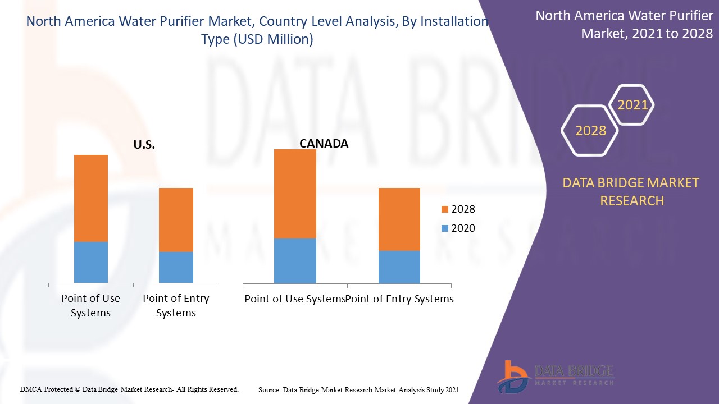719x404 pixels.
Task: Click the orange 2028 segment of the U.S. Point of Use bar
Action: tap(91, 198)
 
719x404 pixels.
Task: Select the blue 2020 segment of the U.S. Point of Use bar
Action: tap(91, 262)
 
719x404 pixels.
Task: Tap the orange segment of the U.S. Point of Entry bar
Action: tap(176, 219)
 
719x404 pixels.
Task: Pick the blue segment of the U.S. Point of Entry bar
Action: tap(176, 267)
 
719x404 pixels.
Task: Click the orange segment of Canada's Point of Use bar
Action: tap(295, 194)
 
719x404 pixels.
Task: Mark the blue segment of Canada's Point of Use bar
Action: tap(295, 261)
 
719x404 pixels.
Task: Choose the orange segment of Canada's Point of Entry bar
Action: tap(399, 219)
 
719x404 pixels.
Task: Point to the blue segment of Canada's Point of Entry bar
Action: tap(399, 267)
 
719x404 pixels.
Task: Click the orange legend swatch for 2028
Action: tap(445, 209)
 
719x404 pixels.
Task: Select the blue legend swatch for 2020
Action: tap(445, 228)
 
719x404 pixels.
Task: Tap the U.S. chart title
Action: tap(144, 145)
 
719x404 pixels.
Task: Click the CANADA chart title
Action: tap(324, 144)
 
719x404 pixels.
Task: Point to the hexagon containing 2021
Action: tap(632, 105)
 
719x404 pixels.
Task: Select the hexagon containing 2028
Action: tap(590, 131)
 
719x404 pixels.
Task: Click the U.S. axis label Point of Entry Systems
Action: tap(176, 306)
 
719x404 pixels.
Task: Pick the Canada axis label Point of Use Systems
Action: tap(294, 299)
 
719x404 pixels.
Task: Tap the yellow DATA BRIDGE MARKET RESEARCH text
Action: tap(632, 191)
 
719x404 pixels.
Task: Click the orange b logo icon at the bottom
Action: tap(512, 376)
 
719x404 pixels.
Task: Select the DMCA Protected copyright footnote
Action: tap(129, 389)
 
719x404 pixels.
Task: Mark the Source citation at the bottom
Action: tap(358, 389)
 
